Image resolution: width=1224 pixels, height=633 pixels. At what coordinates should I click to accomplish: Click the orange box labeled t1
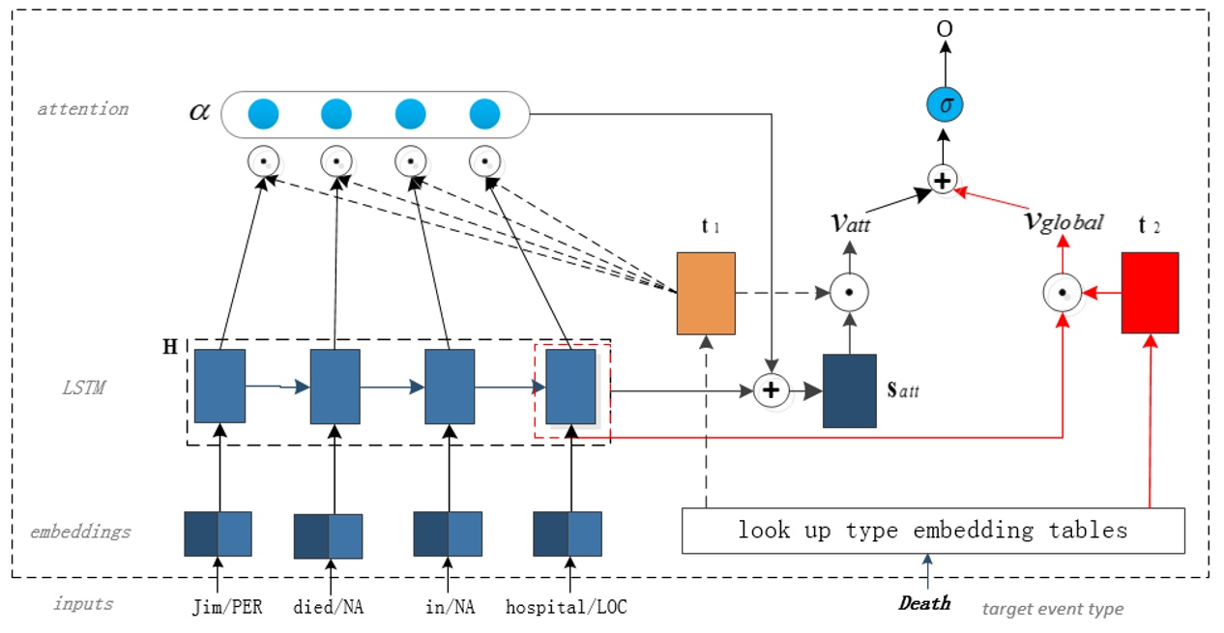706,293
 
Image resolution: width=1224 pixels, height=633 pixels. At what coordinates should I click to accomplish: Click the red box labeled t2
1150,293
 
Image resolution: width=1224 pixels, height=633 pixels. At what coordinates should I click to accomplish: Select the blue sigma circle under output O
944,104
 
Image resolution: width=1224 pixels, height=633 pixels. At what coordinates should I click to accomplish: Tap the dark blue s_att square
849,390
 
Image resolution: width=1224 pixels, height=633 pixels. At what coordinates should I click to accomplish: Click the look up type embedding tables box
933,530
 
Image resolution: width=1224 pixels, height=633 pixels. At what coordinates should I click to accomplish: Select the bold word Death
924,603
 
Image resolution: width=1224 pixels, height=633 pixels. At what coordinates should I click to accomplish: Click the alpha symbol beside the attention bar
198,111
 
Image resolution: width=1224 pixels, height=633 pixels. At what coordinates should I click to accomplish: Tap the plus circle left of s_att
771,390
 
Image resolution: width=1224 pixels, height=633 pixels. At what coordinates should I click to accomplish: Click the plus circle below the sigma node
943,180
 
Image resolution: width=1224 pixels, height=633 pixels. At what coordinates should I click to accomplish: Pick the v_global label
1062,221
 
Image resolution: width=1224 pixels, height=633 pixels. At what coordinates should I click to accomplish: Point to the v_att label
850,221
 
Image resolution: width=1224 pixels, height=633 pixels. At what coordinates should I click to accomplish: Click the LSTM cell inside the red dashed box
570,387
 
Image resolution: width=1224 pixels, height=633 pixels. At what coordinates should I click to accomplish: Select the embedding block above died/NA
328,535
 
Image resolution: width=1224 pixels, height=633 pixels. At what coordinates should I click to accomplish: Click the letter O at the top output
944,29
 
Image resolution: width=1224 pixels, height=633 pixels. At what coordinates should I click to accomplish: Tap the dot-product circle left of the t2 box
1062,291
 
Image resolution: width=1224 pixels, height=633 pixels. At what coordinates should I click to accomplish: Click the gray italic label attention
82,108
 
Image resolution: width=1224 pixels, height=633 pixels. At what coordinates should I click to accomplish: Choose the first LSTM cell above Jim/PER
219,386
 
